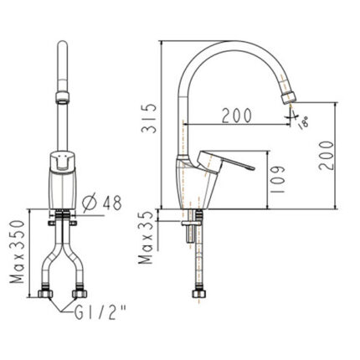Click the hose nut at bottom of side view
pos(198,295)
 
